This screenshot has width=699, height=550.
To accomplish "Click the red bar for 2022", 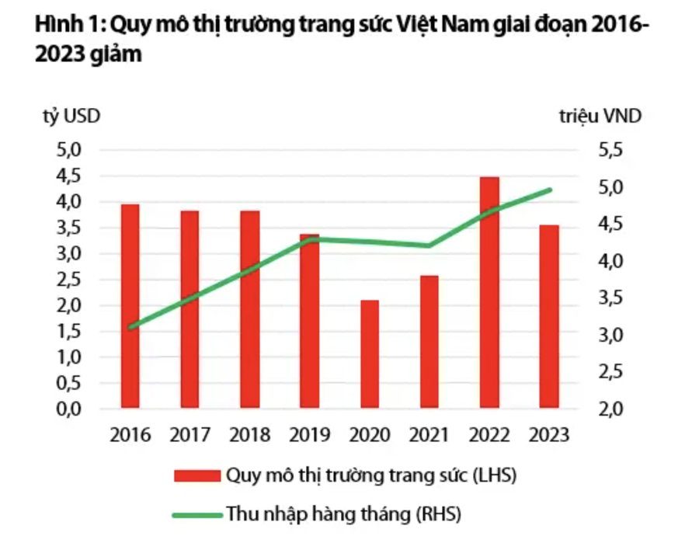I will point(489,291).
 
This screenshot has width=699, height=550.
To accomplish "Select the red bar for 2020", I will point(370,353).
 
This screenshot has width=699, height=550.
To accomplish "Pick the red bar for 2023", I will point(549,316).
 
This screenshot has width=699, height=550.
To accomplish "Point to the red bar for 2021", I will point(430,341).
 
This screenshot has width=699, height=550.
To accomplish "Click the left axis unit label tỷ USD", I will point(71,117).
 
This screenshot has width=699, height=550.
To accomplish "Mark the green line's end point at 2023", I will point(549,190).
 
